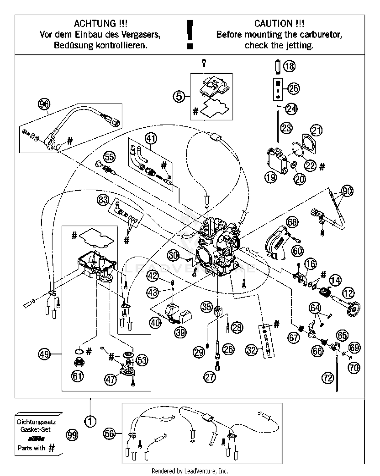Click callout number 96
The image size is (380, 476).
click(x=44, y=104)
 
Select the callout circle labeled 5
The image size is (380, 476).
click(x=179, y=97)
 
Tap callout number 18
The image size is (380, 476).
click(x=289, y=66)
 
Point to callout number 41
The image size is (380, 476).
click(x=151, y=139)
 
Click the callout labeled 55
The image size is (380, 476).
click(x=109, y=157)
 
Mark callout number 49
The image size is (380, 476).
click(x=44, y=354)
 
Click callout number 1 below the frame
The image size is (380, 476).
click(x=90, y=422)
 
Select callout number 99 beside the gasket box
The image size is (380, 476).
click(x=72, y=435)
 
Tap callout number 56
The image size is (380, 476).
click(x=109, y=434)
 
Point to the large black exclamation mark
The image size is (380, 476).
click(x=189, y=34)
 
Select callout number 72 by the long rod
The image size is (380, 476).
click(x=328, y=378)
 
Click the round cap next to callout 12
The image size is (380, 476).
click(x=354, y=309)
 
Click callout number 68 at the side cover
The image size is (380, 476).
click(x=292, y=222)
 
